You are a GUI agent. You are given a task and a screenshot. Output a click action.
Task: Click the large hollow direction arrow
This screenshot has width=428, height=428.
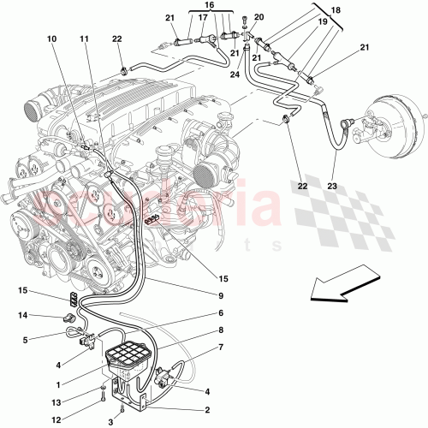[x=347, y=286]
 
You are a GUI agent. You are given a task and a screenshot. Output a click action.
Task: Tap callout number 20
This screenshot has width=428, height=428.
[x=259, y=17]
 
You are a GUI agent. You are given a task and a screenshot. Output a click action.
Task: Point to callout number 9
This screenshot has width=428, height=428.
[x=220, y=297]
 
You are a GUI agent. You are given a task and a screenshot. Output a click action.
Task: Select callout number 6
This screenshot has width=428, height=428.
[x=220, y=313]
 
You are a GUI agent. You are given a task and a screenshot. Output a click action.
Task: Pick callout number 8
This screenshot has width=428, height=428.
[x=220, y=330]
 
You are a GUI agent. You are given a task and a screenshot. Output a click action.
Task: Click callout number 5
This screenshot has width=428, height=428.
[x=26, y=340]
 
